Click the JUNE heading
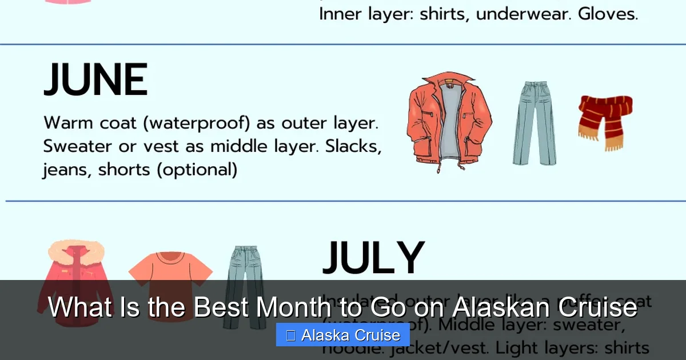click(95, 81)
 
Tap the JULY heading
click(374, 258)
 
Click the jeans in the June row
click(534, 123)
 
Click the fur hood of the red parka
click(76, 252)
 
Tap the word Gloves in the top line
click(608, 14)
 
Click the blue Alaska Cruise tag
click(343, 335)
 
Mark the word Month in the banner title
click(293, 308)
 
